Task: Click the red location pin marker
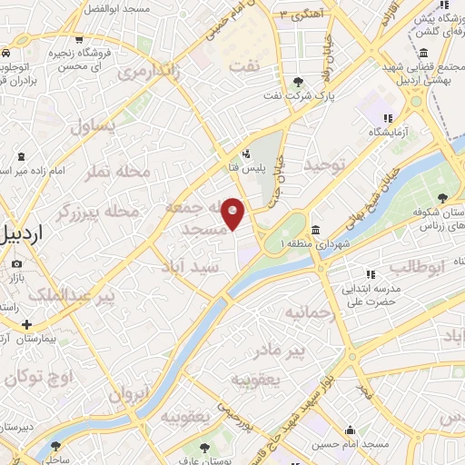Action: [x=233, y=213]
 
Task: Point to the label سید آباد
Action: [x=199, y=271]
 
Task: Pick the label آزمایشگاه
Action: [x=388, y=133]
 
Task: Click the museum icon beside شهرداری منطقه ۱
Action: [x=315, y=229]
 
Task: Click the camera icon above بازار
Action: [x=16, y=264]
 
